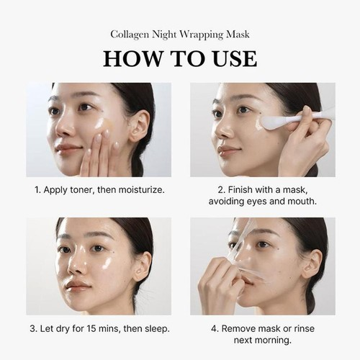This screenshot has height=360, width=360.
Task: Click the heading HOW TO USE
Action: coord(179,58)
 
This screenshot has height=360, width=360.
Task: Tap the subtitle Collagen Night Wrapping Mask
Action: coord(179,33)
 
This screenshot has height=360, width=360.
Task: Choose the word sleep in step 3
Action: coord(154,328)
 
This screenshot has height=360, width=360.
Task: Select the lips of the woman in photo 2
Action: coord(228,149)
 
